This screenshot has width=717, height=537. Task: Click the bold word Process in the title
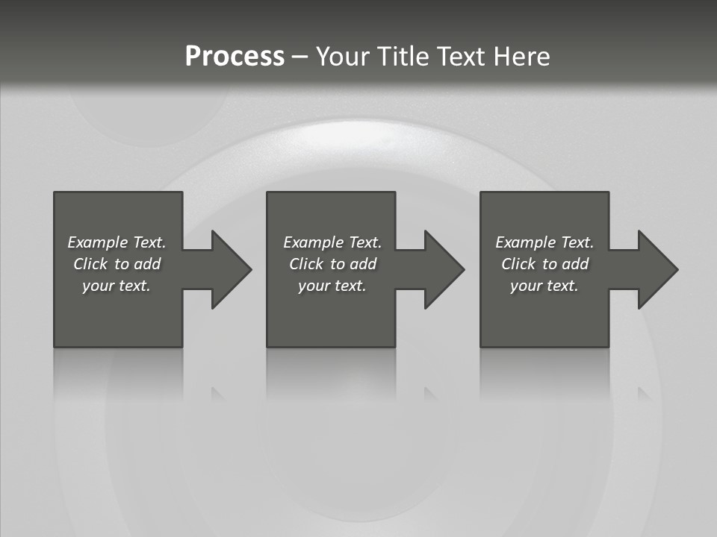point(235,57)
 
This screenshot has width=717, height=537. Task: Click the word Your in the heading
point(342,57)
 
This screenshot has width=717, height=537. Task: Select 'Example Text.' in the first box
point(117,242)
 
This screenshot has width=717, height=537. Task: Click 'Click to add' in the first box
point(117,264)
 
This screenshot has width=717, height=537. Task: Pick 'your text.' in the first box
point(117,286)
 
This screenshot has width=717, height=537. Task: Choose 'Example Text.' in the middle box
point(332,242)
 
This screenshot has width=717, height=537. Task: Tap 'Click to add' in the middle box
point(332,264)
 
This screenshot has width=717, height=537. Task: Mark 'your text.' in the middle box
point(332,286)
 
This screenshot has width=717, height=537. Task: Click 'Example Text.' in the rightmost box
point(544,242)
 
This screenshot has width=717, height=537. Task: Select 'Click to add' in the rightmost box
point(544,264)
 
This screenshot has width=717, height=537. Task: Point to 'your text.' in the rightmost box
point(544,286)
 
